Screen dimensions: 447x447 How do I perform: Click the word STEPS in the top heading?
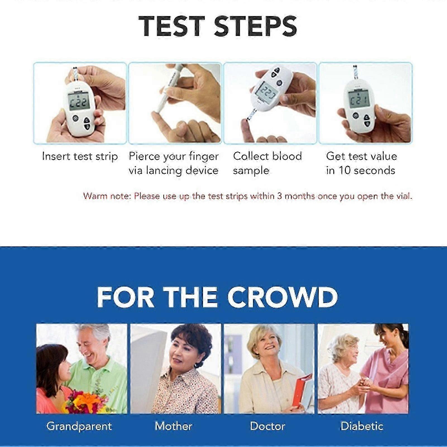coord(255,26)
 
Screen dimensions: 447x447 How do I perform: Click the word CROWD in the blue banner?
coord(282,297)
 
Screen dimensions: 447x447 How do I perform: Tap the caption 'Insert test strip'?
coord(80,156)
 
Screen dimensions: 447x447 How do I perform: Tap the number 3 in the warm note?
coord(279,196)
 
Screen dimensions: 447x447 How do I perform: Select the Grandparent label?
coord(79,426)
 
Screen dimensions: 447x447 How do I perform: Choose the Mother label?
coord(174,426)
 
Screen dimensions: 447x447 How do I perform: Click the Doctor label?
coord(267,426)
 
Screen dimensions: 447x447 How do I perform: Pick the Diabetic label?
coord(362,426)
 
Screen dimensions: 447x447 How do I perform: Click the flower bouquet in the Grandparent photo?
coord(86,401)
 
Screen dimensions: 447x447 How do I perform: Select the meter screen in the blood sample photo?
coord(266,92)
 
